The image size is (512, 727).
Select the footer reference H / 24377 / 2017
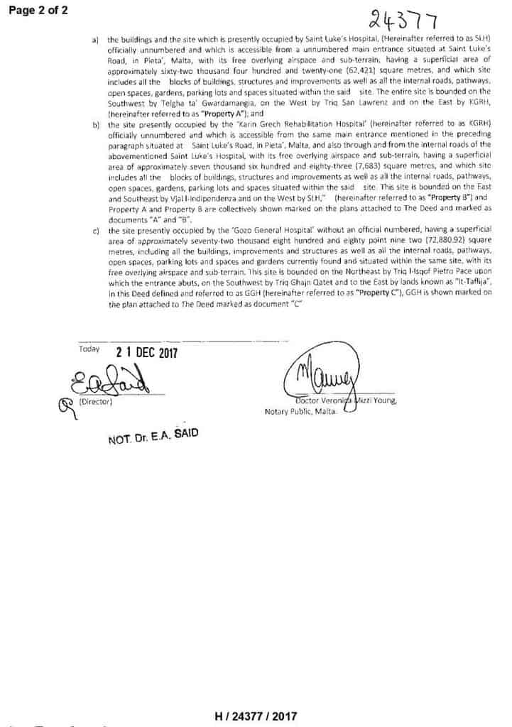click(x=256, y=717)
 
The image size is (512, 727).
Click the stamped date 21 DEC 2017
click(x=146, y=352)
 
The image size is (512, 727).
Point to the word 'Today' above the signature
click(x=89, y=349)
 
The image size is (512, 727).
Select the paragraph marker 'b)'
click(x=96, y=124)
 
